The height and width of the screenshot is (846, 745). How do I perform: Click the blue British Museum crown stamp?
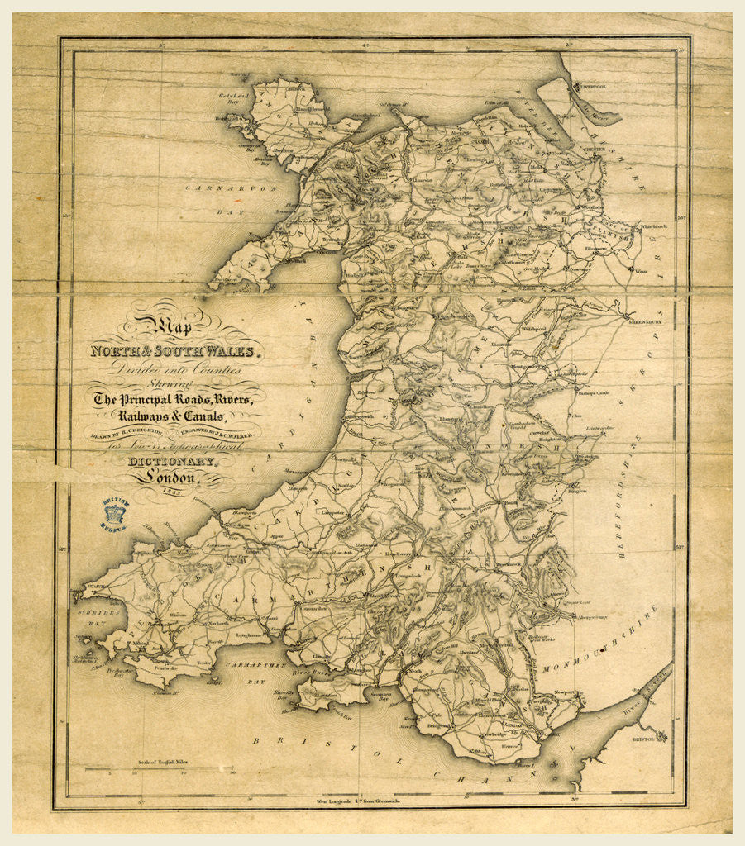click(x=115, y=514)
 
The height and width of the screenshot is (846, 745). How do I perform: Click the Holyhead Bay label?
click(x=233, y=100)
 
